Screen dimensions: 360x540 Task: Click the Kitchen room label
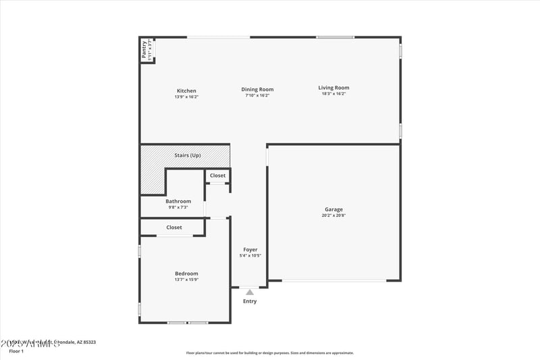pos(186,91)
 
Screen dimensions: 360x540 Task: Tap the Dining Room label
pos(257,89)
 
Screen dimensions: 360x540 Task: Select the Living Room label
pos(333,87)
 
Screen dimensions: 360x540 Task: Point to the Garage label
pos(333,209)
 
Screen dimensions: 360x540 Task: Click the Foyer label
pos(250,250)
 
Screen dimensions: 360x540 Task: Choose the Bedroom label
pos(186,273)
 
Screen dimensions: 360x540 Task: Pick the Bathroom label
pos(178,201)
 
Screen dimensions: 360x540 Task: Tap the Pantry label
pos(144,49)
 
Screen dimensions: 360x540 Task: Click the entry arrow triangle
pos(250,292)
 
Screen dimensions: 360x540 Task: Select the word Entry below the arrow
pos(250,301)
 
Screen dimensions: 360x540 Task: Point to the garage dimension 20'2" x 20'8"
pos(333,215)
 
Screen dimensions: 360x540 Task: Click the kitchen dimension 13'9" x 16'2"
pos(186,97)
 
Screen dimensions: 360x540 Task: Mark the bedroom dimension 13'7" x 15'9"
pos(186,280)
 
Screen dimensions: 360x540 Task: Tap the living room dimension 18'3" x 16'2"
pos(333,94)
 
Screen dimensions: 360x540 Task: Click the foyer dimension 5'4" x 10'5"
pos(250,256)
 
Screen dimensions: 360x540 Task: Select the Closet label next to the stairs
pos(217,176)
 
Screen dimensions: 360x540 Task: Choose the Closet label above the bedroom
pos(174,228)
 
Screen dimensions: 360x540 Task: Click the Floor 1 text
pos(16,351)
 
